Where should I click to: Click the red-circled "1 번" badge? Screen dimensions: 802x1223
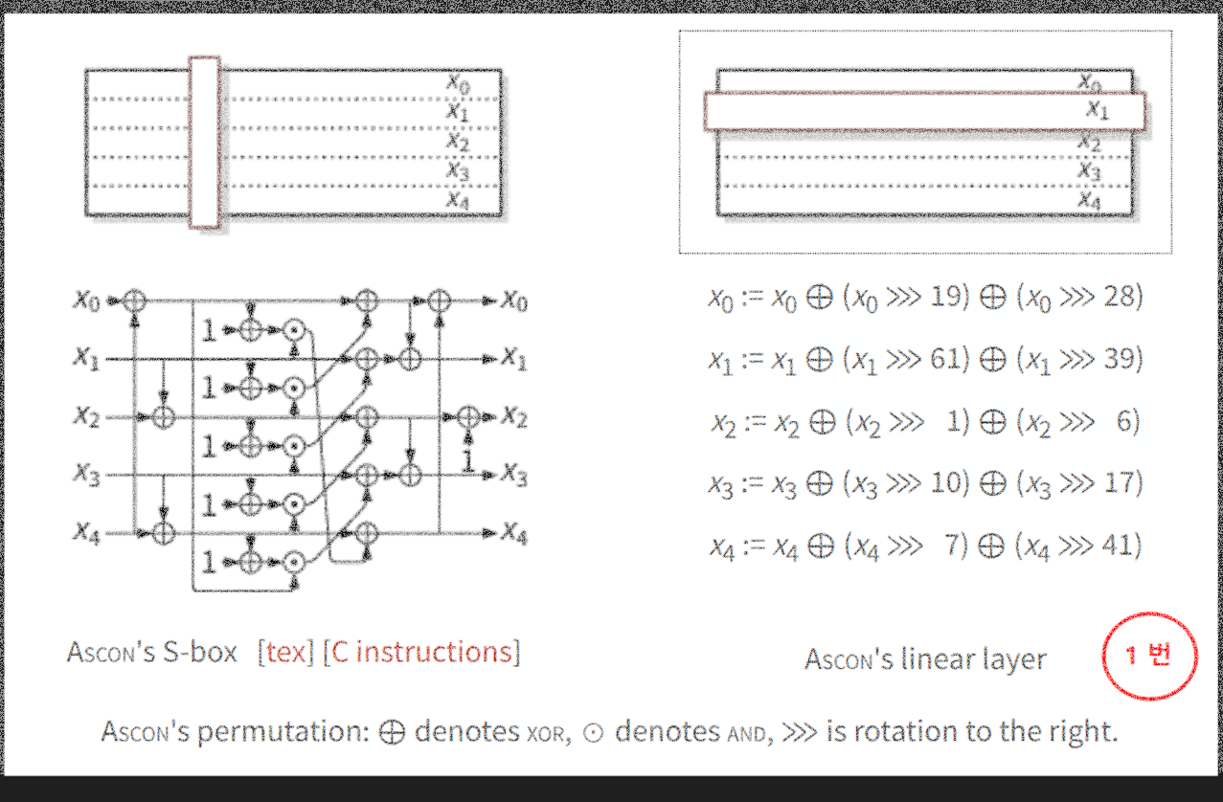1149,657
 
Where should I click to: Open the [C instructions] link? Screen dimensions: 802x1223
421,652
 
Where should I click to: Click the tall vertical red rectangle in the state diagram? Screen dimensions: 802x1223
204,143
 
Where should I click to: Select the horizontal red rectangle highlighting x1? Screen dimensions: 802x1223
924,111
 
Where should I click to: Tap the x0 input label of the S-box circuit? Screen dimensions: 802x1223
86,301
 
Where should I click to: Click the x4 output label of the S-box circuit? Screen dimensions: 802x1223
513,535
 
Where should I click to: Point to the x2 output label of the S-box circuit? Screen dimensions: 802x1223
513,418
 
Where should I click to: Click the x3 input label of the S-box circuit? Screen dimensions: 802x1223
86,475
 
